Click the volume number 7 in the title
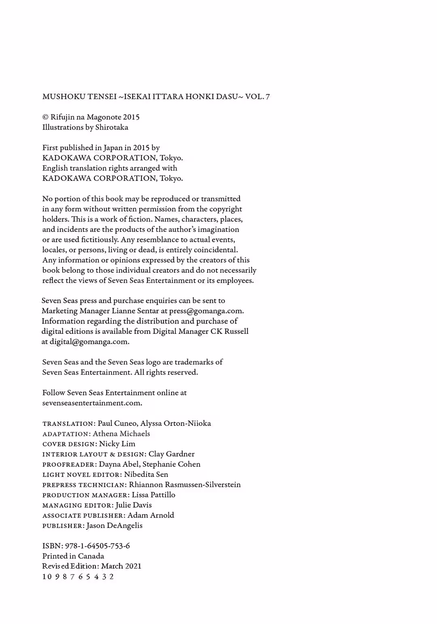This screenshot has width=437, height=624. (268, 97)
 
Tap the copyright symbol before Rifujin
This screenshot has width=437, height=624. (45, 117)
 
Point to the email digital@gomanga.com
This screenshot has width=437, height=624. (89, 342)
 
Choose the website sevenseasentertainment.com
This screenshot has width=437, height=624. (92, 403)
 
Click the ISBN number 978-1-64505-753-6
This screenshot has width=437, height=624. (98, 546)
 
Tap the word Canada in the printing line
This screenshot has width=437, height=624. (91, 556)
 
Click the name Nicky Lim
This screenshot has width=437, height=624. (117, 444)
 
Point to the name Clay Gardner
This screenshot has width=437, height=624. (172, 454)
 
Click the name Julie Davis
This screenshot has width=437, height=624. (134, 505)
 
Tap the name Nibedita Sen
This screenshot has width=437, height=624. (146, 474)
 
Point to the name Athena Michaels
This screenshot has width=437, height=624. (121, 434)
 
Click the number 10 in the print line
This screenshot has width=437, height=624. (47, 577)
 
